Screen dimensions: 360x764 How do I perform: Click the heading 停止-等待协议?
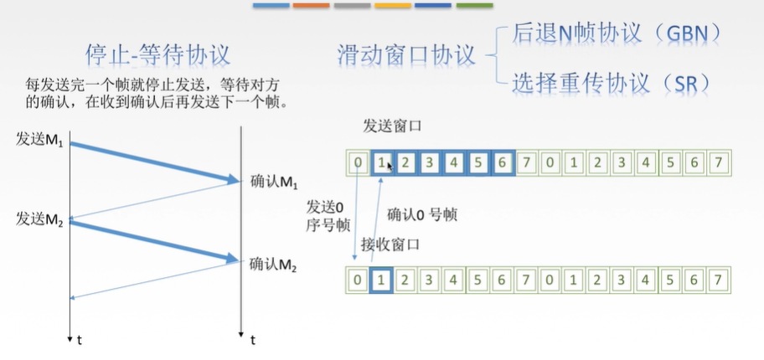pyautogui.click(x=158, y=54)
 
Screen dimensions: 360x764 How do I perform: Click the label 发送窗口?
pyautogui.click(x=391, y=126)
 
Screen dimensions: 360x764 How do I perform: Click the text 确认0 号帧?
pyautogui.click(x=422, y=215)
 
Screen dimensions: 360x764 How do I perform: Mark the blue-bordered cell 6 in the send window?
pyautogui.click(x=501, y=162)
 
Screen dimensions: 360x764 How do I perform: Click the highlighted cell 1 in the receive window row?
pyautogui.click(x=381, y=280)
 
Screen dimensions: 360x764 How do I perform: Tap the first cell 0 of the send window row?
pyautogui.click(x=358, y=162)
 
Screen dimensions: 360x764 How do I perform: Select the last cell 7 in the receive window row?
pyautogui.click(x=718, y=280)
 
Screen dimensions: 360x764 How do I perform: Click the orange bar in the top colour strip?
pyautogui.click(x=312, y=6)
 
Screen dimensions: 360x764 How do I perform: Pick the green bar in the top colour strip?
pyautogui.click(x=474, y=6)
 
